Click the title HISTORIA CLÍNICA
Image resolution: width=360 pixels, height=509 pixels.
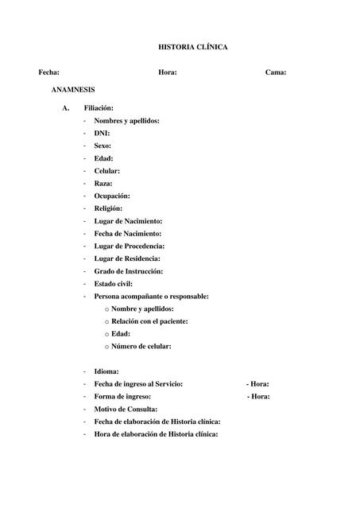pyautogui.click(x=194, y=48)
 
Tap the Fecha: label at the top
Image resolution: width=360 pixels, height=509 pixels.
pyautogui.click(x=48, y=72)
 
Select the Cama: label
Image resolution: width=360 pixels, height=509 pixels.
pyautogui.click(x=276, y=72)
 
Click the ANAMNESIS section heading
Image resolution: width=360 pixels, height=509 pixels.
pyautogui.click(x=73, y=91)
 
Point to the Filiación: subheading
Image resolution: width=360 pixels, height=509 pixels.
pyautogui.click(x=99, y=107)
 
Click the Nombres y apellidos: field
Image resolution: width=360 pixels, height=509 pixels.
pyautogui.click(x=126, y=120)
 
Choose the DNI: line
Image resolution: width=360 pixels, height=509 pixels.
pyautogui.click(x=102, y=133)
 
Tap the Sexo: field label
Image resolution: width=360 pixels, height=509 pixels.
pyautogui.click(x=103, y=146)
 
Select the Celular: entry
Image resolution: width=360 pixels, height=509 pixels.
pyautogui.click(x=107, y=171)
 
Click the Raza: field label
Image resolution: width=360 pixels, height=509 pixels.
pyautogui.click(x=103, y=183)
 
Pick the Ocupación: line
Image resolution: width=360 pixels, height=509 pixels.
pyautogui.click(x=112, y=196)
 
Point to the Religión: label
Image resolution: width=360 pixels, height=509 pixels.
pyautogui.click(x=108, y=208)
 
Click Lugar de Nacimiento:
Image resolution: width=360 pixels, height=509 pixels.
pyautogui.click(x=128, y=220)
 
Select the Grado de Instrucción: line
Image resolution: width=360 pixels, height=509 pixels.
pyautogui.click(x=128, y=271)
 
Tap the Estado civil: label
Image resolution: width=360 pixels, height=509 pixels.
pyautogui.click(x=114, y=283)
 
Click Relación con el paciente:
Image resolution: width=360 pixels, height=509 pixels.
pyautogui.click(x=149, y=321)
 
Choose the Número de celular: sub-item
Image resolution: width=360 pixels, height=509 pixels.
pyautogui.click(x=141, y=346)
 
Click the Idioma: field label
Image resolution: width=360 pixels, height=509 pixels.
pyautogui.click(x=106, y=371)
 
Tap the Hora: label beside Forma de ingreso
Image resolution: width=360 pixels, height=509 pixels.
pyautogui.click(x=260, y=396)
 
